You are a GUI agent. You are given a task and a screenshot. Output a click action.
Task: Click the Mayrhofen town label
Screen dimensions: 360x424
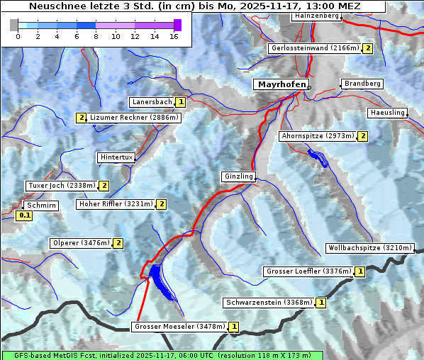click(281, 84)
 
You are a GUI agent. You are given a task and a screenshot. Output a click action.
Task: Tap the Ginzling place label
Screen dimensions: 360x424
click(238, 176)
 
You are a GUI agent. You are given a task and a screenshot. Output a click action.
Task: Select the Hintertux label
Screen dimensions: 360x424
click(116, 157)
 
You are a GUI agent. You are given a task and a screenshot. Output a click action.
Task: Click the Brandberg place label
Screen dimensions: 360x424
click(362, 84)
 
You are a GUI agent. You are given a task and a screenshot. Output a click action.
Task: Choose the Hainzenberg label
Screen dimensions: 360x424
click(316, 15)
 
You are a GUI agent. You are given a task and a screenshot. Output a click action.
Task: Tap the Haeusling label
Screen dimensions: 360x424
click(387, 113)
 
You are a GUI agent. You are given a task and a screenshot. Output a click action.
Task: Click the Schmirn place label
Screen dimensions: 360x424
click(40, 205)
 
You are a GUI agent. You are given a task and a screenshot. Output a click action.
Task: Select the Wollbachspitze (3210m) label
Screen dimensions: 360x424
click(369, 248)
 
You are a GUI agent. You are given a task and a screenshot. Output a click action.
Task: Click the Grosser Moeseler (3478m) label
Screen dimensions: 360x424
click(179, 327)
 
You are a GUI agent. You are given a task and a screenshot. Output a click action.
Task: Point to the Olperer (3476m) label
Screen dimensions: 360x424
click(81, 243)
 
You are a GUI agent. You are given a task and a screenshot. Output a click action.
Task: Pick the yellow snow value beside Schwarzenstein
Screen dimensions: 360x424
click(321, 303)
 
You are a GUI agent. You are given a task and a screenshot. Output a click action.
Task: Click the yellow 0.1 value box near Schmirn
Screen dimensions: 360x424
click(25, 215)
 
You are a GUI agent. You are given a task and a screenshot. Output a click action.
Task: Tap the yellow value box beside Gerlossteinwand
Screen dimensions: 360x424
click(367, 48)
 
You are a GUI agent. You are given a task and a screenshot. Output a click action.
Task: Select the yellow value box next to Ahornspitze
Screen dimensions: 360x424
click(363, 135)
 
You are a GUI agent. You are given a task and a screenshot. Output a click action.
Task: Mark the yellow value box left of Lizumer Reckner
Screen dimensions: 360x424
click(82, 118)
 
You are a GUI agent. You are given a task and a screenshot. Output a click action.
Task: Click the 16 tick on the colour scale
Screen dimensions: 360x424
click(174, 35)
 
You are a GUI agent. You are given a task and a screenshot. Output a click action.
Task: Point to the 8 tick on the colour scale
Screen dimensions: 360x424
click(96, 35)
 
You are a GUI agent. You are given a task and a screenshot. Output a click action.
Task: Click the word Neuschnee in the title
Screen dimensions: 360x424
click(56, 6)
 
